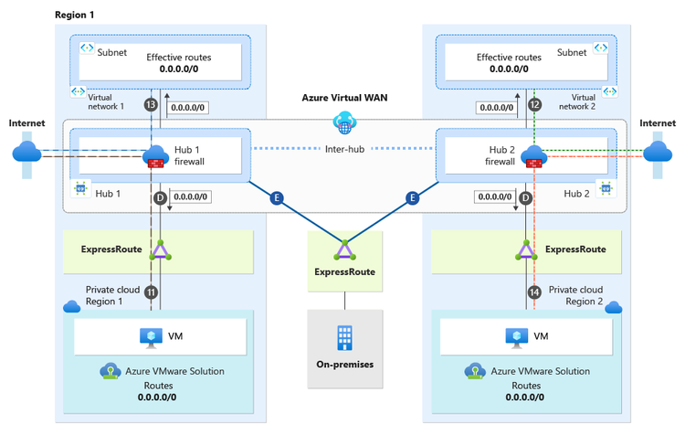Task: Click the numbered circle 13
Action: [x=152, y=105]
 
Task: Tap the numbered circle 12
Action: [x=535, y=105]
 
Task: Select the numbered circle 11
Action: [x=152, y=292]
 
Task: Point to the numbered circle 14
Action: [x=535, y=292]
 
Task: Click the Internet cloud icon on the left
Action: [x=26, y=152]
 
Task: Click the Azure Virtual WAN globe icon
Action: [x=344, y=122]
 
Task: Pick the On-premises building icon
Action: [x=344, y=337]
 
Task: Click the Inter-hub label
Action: [x=344, y=149]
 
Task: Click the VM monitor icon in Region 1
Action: [x=152, y=336]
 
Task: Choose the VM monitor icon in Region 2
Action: [x=517, y=336]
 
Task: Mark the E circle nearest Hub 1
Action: [x=276, y=196]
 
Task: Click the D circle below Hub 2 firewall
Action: [x=525, y=196]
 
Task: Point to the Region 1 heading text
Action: [x=74, y=16]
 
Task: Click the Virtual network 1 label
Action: [x=108, y=101]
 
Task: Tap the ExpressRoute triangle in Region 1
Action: [x=161, y=249]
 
